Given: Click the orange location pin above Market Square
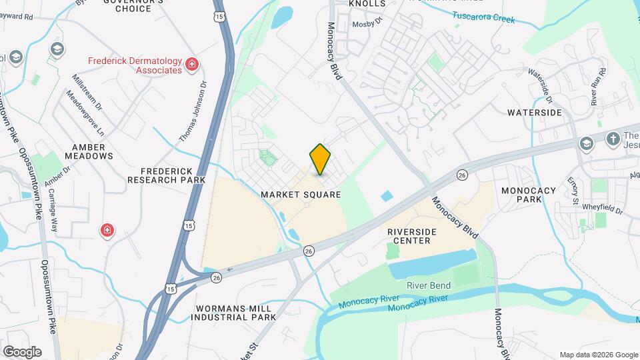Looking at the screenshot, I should (321, 159).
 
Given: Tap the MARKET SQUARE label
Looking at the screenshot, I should (301, 195).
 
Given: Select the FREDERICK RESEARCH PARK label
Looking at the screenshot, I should (166, 175).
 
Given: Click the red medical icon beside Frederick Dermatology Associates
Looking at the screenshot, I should (192, 64).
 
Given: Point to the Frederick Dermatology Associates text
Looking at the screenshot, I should (135, 65).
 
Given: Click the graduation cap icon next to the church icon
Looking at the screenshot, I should (586, 143).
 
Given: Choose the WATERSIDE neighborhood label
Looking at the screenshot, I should (534, 113).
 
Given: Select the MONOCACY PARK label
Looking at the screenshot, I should (529, 195).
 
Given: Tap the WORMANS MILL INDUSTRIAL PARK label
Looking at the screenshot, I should (233, 313).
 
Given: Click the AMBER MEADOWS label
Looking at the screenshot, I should (89, 151).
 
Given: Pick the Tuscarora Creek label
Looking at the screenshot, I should (484, 17).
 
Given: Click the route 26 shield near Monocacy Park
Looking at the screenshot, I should (462, 175).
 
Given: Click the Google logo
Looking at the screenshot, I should (22, 351).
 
